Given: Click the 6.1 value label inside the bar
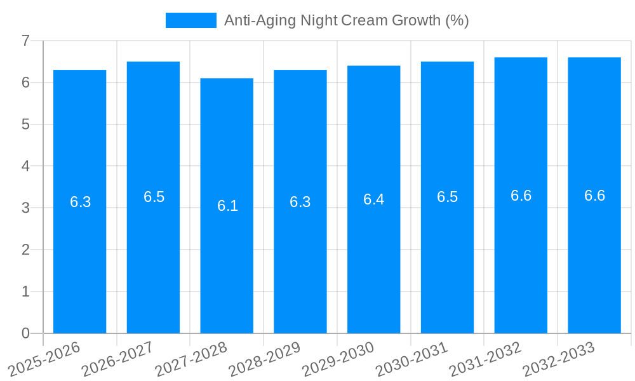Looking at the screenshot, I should coord(227,206).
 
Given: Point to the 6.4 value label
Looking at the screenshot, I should coord(373,199).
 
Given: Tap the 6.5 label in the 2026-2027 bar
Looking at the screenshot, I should coord(154,197).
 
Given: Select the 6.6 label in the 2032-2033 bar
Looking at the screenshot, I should coord(594,196).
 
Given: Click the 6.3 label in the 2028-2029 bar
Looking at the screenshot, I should coord(300,202).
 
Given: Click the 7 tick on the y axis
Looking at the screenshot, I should coord(25,41).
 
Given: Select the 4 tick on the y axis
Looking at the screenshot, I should coord(25,166).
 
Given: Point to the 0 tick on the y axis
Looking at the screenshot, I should coord(25,333).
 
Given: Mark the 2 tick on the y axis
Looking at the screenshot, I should coord(25,250).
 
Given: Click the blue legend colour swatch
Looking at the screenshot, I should coord(190,20).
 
